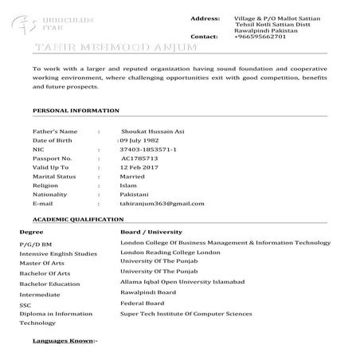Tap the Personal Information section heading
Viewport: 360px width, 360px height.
point(75,110)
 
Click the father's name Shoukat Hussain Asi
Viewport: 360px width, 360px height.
point(151,130)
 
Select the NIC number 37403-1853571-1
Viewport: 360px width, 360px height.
point(148,149)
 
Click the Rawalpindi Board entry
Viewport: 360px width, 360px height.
point(148,293)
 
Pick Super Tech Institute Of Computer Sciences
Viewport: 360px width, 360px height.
point(186,314)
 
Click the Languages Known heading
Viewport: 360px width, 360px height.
point(65,341)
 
